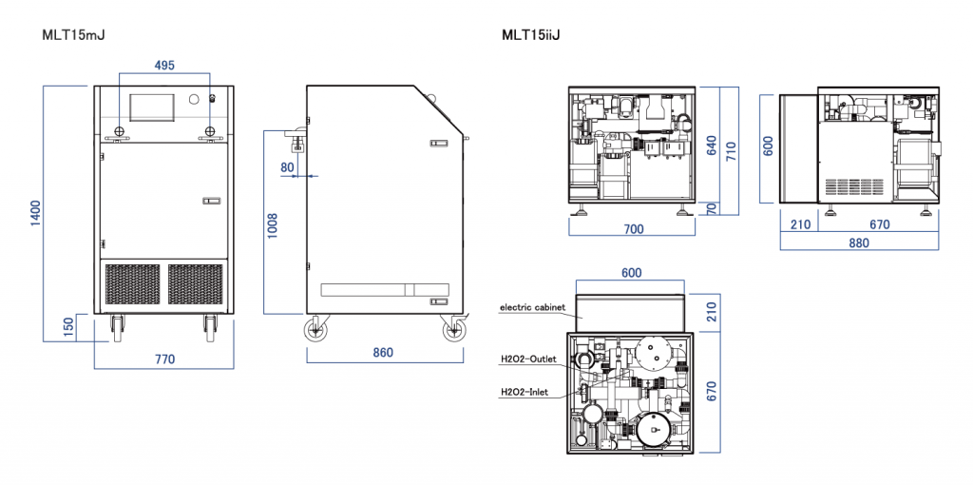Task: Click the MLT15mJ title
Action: click(x=73, y=35)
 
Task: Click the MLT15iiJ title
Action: click(x=530, y=35)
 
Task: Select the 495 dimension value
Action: click(x=164, y=65)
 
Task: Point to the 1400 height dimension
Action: click(x=36, y=213)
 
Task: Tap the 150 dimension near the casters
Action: click(x=68, y=327)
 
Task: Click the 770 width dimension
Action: click(x=164, y=359)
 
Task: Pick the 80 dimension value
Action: click(x=287, y=167)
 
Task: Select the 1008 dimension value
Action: click(x=272, y=226)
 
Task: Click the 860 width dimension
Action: click(x=383, y=353)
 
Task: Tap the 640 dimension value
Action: click(x=712, y=145)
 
